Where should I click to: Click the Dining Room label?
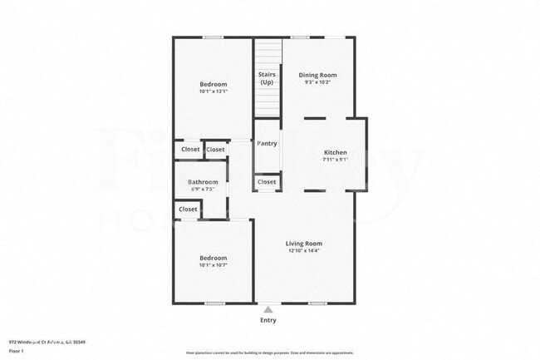click(317, 75)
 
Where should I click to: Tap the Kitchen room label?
click(335, 152)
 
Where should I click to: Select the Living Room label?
click(303, 243)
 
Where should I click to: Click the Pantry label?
click(267, 143)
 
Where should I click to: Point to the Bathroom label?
click(203, 182)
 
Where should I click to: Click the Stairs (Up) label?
click(267, 78)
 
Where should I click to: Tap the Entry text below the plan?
click(268, 320)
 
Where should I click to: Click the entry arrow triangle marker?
click(268, 308)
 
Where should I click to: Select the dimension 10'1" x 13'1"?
click(213, 91)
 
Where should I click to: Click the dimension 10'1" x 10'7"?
click(213, 265)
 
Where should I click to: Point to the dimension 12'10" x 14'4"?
click(303, 250)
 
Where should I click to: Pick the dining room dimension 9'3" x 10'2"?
click(317, 82)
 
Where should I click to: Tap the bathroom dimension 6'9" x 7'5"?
click(203, 190)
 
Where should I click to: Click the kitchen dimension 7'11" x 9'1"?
click(335, 160)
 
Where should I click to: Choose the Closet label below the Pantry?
click(267, 181)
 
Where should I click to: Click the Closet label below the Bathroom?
click(188, 209)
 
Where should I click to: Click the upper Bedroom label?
click(213, 84)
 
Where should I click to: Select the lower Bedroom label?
click(213, 258)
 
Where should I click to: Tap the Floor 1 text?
click(17, 351)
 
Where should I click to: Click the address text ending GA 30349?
click(47, 342)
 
